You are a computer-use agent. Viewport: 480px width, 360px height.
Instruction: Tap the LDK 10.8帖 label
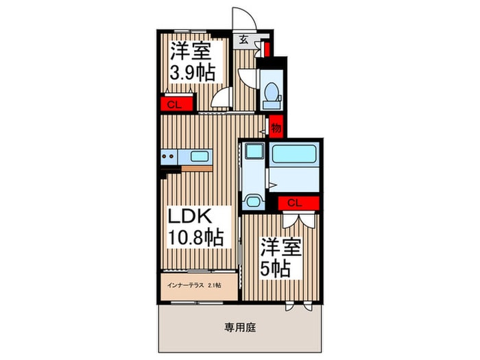tap(196, 227)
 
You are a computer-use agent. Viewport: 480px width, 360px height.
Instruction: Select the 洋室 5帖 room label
tap(281, 258)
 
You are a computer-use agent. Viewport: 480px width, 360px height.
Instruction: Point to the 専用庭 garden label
tap(240, 328)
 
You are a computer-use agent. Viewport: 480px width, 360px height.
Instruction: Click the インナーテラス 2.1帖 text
tap(194, 286)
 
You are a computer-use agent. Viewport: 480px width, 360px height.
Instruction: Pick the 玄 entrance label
tap(243, 40)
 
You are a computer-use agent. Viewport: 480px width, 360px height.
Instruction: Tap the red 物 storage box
tap(276, 127)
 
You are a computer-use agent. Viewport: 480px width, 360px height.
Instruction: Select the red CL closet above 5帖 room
tap(298, 203)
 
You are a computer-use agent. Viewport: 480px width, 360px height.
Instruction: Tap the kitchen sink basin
tap(200, 157)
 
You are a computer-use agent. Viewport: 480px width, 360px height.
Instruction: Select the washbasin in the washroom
tap(254, 202)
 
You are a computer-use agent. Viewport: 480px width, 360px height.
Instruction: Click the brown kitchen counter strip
tap(197, 169)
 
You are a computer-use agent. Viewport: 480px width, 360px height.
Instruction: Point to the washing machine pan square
tap(254, 151)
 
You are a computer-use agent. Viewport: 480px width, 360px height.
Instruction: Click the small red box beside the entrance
tap(267, 49)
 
